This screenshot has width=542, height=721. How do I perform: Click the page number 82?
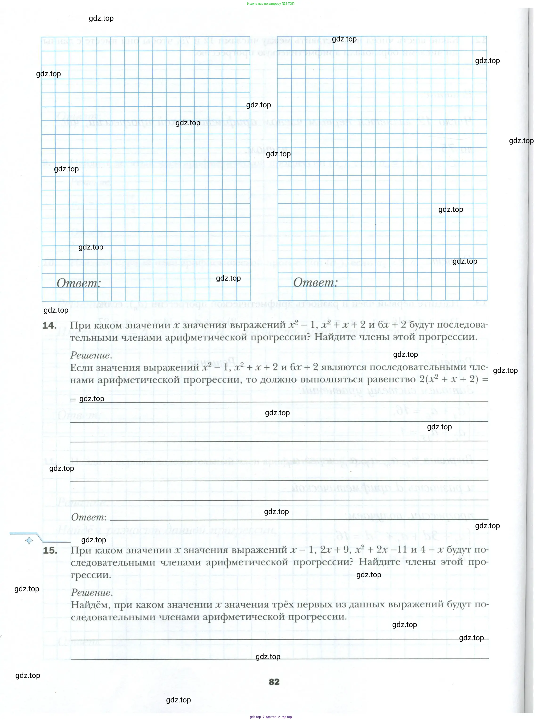(x=274, y=681)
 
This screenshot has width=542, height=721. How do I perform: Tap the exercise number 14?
(x=49, y=325)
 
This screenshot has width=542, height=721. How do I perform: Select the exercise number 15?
(x=50, y=550)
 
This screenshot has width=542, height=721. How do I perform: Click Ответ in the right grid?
(x=315, y=282)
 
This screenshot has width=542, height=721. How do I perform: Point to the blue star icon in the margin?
(x=29, y=541)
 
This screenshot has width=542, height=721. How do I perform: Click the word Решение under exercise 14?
(x=91, y=355)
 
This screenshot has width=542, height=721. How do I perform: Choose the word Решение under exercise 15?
(x=92, y=592)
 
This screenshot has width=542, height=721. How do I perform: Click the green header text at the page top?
(x=271, y=4)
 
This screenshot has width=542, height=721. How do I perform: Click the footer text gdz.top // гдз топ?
(x=271, y=717)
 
